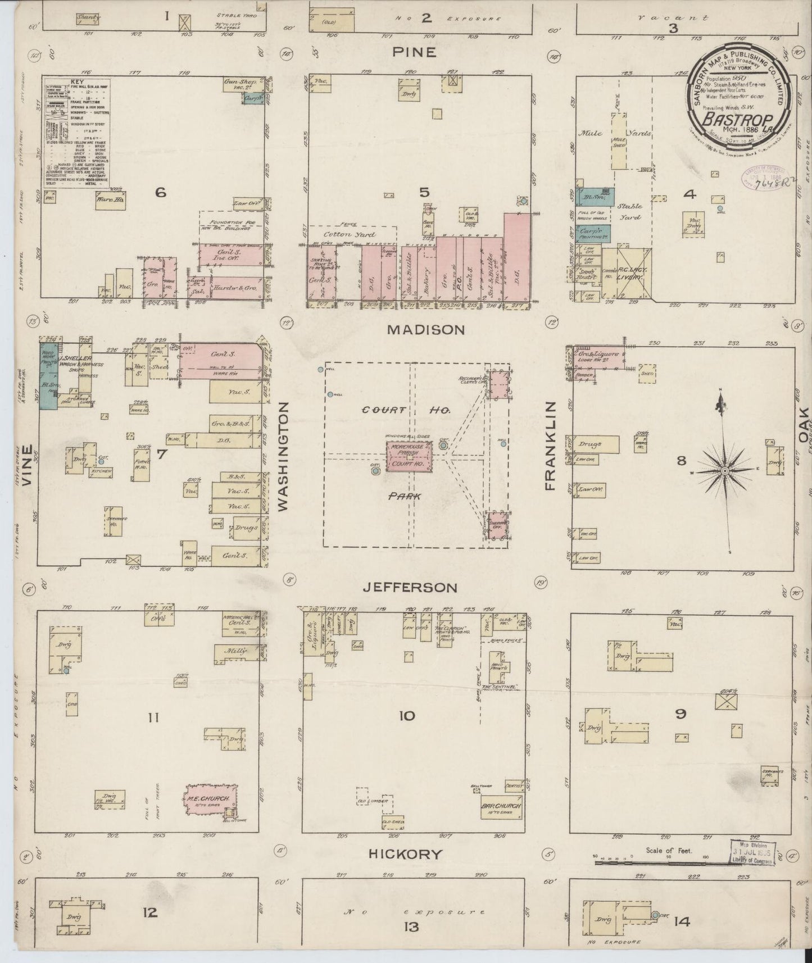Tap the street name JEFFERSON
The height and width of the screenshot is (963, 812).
tap(410, 588)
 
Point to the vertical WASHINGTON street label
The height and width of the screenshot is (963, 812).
tap(283, 456)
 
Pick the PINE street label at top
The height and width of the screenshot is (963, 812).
tap(414, 52)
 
